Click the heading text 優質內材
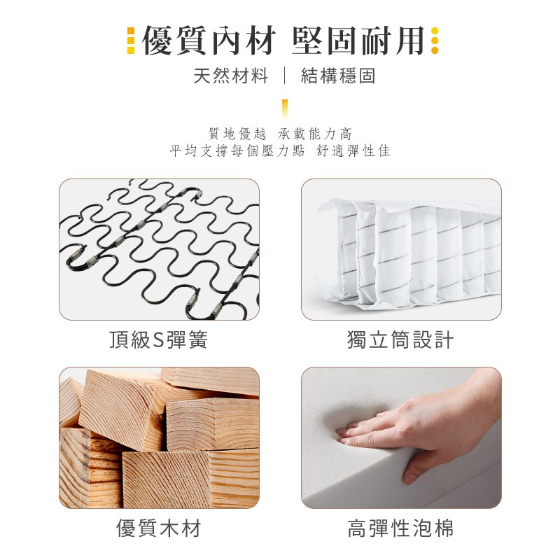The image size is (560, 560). coord(209,41)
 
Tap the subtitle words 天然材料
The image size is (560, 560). coord(231,76)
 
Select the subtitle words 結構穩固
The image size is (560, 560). coord(338,76)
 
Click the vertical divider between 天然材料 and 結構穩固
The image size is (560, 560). coord(284,76)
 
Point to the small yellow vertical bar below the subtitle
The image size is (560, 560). coord(285,108)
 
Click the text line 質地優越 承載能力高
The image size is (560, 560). coord(280,134)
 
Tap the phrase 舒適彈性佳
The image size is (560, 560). coord(353,150)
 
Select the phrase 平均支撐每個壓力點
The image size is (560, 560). coord(237,150)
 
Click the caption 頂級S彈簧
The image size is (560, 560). coord(159,339)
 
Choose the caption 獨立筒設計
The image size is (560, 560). coord(400,339)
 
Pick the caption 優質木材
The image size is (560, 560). coord(159,528)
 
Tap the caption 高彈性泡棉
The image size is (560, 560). coord(400,528)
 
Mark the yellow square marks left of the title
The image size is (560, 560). coord(131,41)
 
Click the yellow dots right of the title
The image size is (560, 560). coord(435,41)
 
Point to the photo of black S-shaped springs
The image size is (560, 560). coord(160,249)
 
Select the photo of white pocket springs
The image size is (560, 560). coord(401,249)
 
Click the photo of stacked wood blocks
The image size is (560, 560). coord(160,438)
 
